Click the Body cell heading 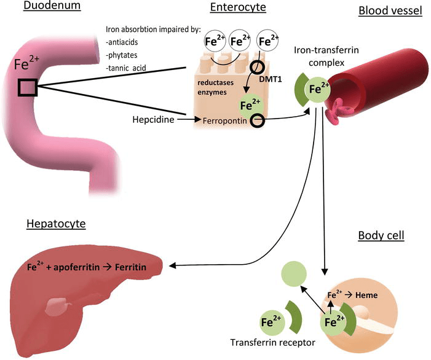[381, 236]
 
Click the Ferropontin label [225, 122]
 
